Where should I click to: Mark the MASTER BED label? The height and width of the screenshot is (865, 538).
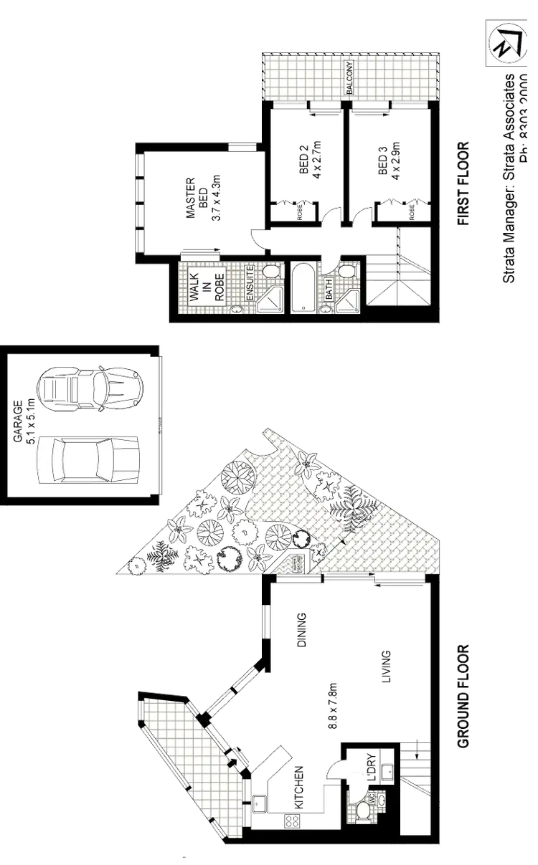(199, 195)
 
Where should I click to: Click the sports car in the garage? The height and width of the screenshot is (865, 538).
(91, 388)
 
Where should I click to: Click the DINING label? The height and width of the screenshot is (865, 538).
(301, 629)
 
